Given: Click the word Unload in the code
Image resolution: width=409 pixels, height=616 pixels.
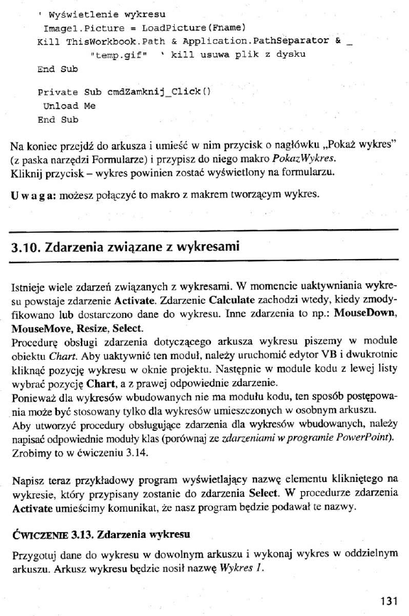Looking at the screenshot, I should click(x=62, y=106).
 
